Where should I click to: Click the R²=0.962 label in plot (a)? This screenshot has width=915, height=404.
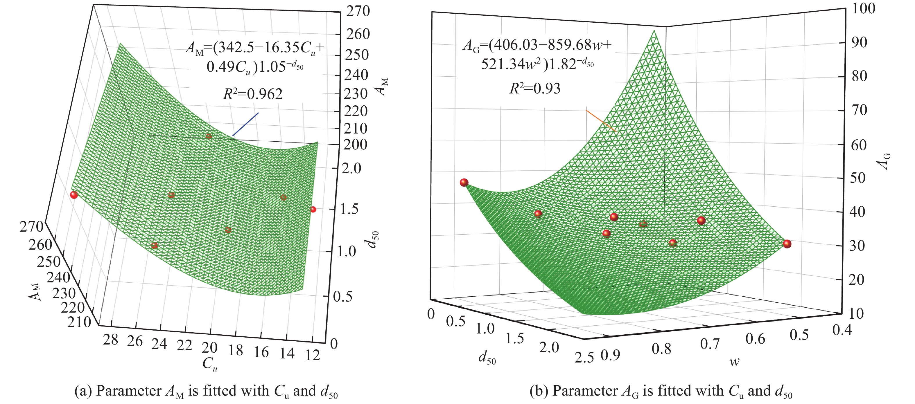[252, 94]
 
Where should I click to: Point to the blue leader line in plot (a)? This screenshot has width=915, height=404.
[245, 124]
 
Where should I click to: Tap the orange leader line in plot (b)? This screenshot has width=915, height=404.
[600, 120]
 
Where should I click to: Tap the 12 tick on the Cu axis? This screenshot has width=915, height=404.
[313, 355]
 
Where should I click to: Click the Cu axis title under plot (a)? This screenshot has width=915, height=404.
[209, 364]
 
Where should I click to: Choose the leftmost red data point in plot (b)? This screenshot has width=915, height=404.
[464, 183]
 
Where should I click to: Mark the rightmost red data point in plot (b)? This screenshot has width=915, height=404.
[787, 244]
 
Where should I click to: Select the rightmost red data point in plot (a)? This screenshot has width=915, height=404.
[313, 210]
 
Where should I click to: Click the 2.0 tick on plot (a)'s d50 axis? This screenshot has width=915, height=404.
[351, 168]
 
